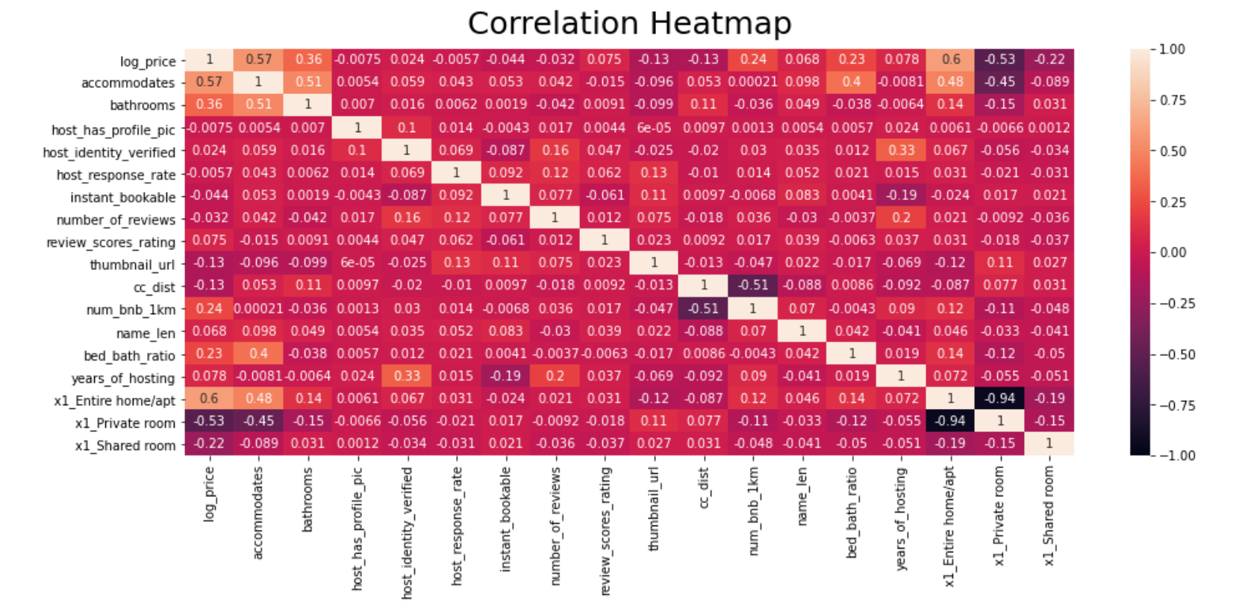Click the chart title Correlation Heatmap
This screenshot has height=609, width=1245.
[629, 23]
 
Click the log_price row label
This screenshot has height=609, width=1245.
[148, 61]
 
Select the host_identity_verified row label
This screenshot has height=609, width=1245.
[109, 152]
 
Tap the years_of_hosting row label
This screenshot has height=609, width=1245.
[123, 378]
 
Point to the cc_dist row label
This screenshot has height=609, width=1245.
[155, 287]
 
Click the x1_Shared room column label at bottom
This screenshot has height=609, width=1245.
[1049, 516]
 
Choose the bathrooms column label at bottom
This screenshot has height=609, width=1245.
[308, 499]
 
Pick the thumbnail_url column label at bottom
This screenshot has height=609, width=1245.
[654, 509]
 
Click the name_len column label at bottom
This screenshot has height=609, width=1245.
[802, 496]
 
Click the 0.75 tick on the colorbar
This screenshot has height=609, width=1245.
[1173, 100]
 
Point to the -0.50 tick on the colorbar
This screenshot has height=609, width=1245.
[1176, 355]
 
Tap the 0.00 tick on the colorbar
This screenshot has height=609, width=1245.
[1173, 252]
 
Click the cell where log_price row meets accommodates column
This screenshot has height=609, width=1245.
[259, 60]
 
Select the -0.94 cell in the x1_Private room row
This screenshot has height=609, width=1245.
[950, 421]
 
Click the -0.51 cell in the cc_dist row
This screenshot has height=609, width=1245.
[752, 285]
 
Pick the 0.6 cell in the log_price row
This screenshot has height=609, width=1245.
[950, 60]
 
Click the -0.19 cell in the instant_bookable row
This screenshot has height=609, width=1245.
[901, 196]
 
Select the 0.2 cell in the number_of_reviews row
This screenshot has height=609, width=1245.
[901, 218]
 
